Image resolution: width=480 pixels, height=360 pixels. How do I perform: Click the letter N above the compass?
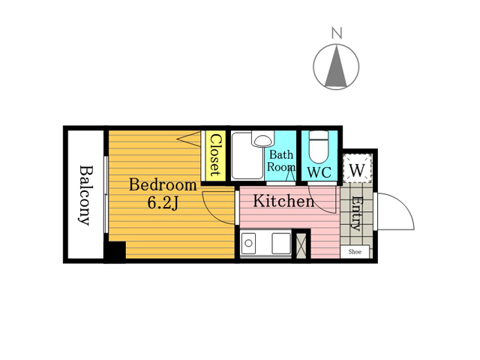tap(337, 33)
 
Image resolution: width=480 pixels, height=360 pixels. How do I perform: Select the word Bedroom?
tap(163, 185)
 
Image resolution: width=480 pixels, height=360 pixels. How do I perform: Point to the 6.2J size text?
tap(163, 202)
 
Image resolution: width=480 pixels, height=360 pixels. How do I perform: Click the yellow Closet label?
tap(215, 155)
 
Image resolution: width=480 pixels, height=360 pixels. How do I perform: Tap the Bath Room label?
tap(281, 161)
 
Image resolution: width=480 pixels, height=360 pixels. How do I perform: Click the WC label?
tap(319, 172)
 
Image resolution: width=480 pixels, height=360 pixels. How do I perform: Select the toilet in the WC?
tap(319, 147)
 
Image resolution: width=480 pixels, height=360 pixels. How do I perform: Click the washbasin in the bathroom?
tap(262, 139)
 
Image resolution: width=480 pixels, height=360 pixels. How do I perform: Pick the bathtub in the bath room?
tap(247, 155)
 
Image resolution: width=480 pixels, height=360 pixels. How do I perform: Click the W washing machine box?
tap(357, 169)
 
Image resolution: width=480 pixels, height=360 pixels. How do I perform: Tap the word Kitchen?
tap(283, 202)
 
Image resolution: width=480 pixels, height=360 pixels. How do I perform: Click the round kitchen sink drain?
tap(248, 243)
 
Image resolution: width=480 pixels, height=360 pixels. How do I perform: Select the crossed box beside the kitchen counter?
tap(299, 246)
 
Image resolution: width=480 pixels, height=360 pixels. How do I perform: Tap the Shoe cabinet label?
tap(355, 252)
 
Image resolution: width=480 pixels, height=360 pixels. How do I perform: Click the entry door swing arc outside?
tap(403, 203)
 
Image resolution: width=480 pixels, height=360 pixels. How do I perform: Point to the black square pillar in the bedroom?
tap(115, 251)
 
